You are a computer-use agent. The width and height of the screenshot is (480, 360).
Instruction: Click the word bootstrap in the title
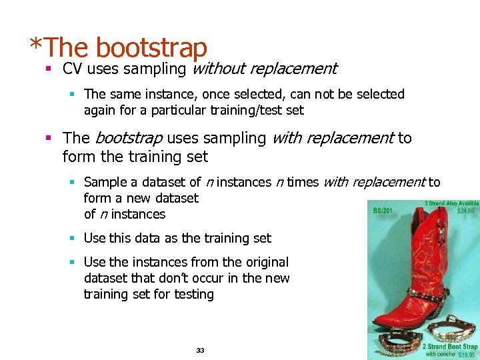[151, 47]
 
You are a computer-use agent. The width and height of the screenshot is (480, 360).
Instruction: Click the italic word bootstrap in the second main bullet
[129, 138]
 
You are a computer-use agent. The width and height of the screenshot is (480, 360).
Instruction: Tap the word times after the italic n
[302, 182]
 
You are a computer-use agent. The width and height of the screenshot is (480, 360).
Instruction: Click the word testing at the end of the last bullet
[191, 294]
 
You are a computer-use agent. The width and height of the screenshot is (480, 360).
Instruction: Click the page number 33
[200, 350]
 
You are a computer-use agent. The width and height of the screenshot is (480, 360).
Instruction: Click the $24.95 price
[466, 209]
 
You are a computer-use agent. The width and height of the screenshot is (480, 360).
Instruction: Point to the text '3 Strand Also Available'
[451, 203]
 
